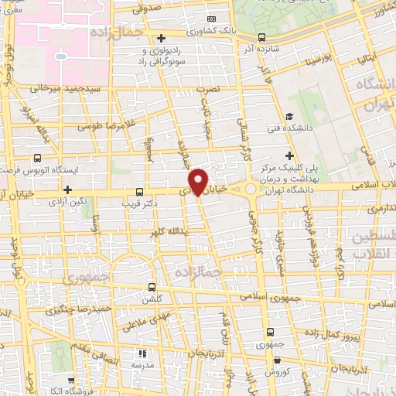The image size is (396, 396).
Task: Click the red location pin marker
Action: [200, 180]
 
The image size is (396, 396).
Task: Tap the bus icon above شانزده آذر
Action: [261, 36]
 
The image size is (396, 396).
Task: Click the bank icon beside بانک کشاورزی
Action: [212, 19]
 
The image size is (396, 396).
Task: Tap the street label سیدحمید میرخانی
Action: [67, 90]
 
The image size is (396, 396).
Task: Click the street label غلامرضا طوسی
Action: [108, 124]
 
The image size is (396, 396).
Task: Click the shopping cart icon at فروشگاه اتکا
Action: [71, 381]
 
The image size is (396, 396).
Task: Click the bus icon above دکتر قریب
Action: [139, 191]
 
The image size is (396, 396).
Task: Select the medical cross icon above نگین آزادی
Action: [68, 189]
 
